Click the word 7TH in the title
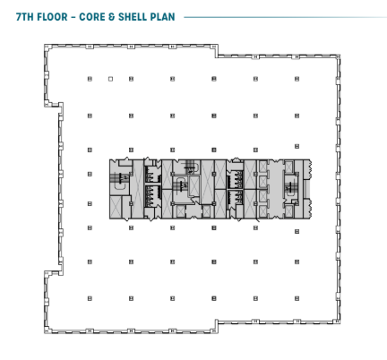tap(24, 17)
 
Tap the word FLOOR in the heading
tap(53, 17)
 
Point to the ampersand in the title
tap(112, 17)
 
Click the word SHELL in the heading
tap(133, 17)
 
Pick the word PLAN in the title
tap(163, 17)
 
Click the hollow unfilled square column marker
tap(110, 79)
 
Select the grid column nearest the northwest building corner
tap(90, 79)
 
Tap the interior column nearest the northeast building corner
tap(297, 79)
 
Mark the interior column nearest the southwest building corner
tap(90, 298)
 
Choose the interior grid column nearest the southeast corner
tap(297, 298)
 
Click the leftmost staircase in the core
tap(120, 178)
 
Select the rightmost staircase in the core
tap(288, 187)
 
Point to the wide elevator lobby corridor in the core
tap(275, 189)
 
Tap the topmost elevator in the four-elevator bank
tap(262, 167)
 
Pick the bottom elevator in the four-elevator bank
tap(262, 211)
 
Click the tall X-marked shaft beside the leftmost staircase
tap(137, 189)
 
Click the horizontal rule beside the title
tap(286, 17)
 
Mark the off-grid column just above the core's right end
tap(297, 146)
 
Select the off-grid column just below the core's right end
tap(297, 231)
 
